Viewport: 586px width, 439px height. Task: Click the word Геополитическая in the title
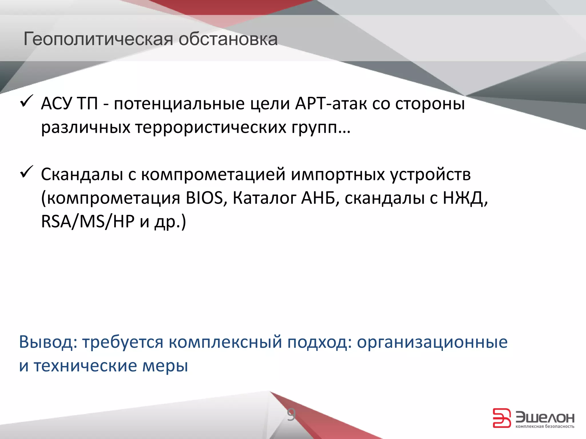[98, 39]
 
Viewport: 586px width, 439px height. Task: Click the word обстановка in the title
[228, 39]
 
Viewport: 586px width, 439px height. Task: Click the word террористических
[211, 127]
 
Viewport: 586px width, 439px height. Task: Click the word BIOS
[204, 198]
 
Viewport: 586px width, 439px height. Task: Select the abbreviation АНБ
[318, 198]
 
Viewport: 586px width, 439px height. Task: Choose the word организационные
[432, 342]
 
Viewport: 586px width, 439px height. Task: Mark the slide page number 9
[291, 415]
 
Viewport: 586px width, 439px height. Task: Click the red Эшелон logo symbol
[501, 418]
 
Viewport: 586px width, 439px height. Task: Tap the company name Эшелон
[545, 418]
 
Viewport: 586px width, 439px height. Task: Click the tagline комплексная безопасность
[545, 426]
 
